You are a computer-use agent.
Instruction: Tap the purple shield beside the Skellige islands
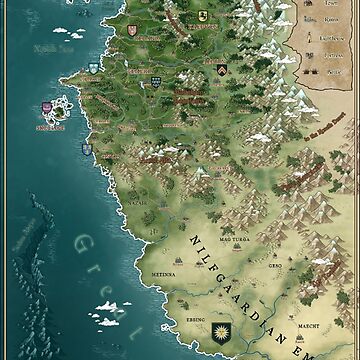pos(46,108)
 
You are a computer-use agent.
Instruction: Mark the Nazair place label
pos(136,201)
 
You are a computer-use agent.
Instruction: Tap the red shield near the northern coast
pos(129,30)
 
